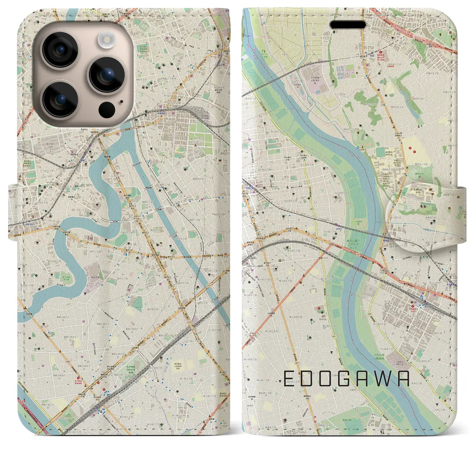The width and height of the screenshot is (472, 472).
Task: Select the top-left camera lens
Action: (60, 50)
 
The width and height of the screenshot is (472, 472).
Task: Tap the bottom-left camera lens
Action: (60, 99)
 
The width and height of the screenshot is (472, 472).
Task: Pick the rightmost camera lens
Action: (106, 75)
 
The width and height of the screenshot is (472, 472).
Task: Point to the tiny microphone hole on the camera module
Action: (121, 100)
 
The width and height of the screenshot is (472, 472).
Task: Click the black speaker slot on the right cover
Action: (348, 25)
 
